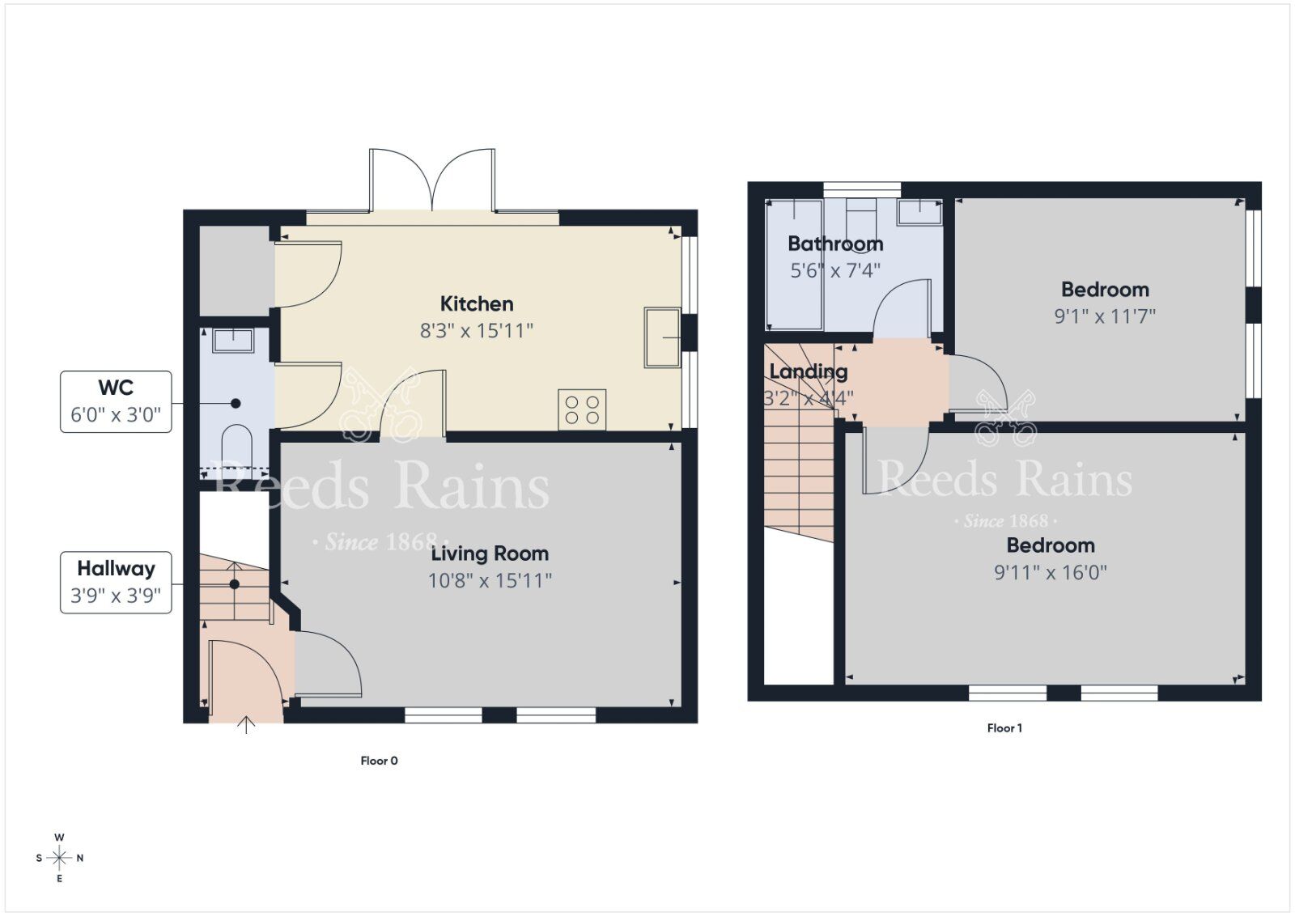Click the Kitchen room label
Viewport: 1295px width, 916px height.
click(x=476, y=304)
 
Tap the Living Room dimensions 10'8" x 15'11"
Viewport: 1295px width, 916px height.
click(x=490, y=580)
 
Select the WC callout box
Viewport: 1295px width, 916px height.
click(x=116, y=401)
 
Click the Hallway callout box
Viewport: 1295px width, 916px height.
click(x=116, y=582)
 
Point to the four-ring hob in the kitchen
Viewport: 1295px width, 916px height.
click(x=582, y=409)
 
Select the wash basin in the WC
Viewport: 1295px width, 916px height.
click(x=233, y=340)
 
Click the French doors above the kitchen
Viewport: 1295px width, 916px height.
click(x=432, y=180)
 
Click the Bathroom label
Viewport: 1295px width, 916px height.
click(x=834, y=244)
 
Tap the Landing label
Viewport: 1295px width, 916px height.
click(x=808, y=371)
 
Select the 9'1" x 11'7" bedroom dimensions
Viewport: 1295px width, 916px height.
click(x=1104, y=316)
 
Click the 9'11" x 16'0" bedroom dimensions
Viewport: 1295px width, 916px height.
click(x=1050, y=572)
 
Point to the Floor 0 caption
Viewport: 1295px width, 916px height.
click(x=379, y=761)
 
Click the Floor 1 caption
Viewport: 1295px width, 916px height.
click(x=1004, y=728)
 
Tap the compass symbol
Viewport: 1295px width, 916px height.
click(x=60, y=858)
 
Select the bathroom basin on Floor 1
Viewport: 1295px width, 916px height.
click(x=920, y=212)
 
